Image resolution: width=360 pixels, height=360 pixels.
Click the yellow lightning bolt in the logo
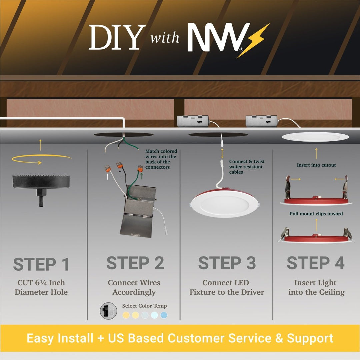click(x=254, y=41)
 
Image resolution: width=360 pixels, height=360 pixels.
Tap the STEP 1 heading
click(x=41, y=264)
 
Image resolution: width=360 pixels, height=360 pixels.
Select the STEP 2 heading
click(x=135, y=263)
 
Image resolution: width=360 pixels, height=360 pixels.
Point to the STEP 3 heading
click(x=227, y=263)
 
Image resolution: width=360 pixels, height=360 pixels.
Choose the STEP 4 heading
click(x=316, y=263)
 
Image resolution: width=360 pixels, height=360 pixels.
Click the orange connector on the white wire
click(x=108, y=169)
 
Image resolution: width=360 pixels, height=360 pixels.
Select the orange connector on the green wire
click(x=140, y=169)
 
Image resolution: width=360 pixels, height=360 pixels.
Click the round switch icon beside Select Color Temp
click(x=108, y=311)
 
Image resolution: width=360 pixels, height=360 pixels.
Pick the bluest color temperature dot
click(x=164, y=315)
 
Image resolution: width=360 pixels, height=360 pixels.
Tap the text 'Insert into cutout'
click(x=316, y=165)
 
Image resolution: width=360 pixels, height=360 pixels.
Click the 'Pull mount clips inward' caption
click(x=316, y=214)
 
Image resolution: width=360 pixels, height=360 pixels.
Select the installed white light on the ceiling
click(x=315, y=137)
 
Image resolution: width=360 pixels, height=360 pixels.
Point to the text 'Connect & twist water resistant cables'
click(x=247, y=167)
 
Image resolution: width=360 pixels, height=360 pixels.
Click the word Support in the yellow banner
click(x=310, y=338)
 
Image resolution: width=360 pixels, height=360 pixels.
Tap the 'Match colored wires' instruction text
click(x=161, y=159)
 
